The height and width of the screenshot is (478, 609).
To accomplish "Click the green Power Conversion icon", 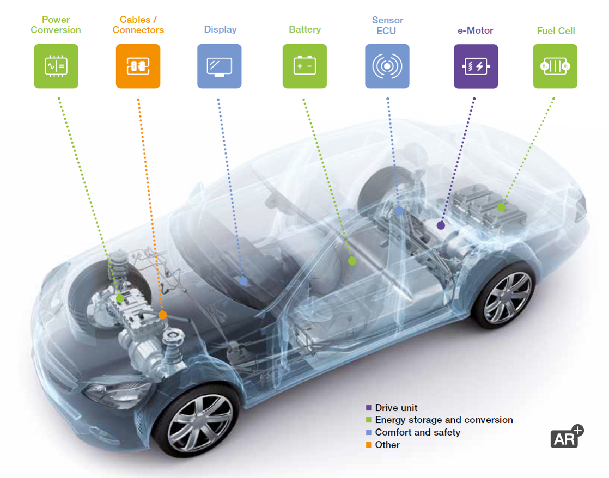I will coord(56,66).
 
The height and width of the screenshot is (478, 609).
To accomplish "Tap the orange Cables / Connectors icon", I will coord(138,66).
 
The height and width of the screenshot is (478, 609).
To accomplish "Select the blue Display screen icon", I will coord(220,66).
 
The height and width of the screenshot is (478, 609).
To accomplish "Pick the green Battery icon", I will coord(304,66).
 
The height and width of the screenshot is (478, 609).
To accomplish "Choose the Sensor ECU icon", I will coord(387,66).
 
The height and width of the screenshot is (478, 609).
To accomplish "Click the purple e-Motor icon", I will coord(476,66).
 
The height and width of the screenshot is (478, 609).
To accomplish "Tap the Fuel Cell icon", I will coord(555,66).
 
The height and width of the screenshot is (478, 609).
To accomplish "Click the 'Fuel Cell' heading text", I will coord(556,31).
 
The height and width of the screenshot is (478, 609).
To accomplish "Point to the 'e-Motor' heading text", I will coord(475,31).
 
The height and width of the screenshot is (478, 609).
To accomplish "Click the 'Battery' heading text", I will coord(304,29).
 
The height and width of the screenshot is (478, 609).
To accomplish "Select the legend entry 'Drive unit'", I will coord(396,408).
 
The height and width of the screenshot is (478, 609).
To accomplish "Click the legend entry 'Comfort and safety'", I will coord(417,432).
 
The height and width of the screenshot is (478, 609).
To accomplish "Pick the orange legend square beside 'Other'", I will coord(369,445).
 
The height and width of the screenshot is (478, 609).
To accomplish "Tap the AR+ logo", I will coord(567,437).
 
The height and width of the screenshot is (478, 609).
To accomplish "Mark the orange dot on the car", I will coord(162,315).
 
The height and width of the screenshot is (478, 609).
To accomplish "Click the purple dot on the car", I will coord(441,225).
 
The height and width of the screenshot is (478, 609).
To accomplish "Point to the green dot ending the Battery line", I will coord(352,261).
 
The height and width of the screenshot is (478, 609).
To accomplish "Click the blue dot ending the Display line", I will coord(243,281).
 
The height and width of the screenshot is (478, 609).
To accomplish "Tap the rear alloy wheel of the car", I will coord(507,297).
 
